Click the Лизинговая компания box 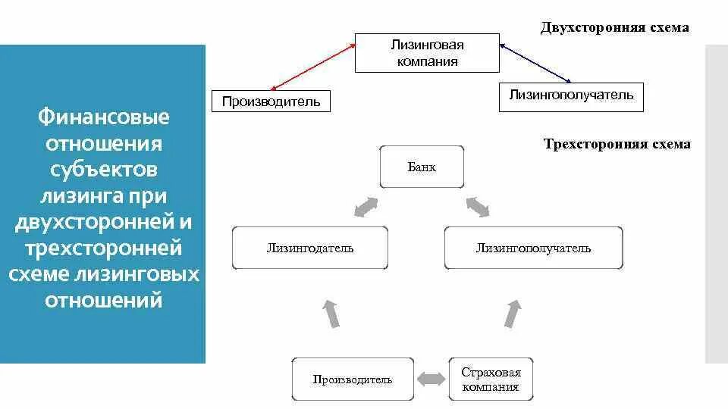[x=427, y=53]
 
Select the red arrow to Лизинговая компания [x=313, y=68]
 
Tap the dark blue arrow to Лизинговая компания [x=535, y=64]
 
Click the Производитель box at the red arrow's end [x=271, y=101]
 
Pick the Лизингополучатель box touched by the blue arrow [x=570, y=96]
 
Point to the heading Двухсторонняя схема [x=614, y=28]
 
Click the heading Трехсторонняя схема [x=617, y=144]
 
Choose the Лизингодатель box [x=309, y=248]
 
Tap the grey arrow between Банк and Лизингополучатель [x=478, y=205]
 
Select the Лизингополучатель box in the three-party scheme [x=533, y=248]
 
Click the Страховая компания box [x=491, y=379]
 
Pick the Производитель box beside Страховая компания [x=353, y=379]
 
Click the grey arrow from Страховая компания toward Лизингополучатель [x=513, y=313]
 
